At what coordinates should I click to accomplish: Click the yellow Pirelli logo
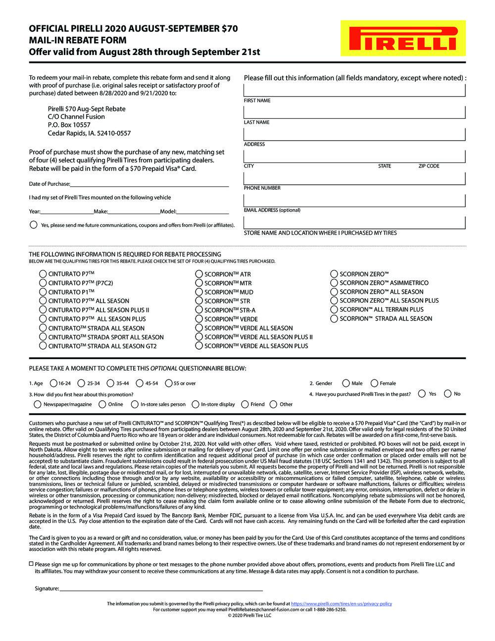coord(403,38)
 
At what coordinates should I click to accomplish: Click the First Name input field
coord(354,90)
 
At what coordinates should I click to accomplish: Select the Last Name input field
coord(354,112)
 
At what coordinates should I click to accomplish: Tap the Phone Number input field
coord(354,178)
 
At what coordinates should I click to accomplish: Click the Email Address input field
coord(354,200)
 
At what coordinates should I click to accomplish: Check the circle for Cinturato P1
coord(43,292)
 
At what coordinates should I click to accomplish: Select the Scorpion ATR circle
coord(199,274)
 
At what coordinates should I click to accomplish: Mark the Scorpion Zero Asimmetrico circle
coord(334,283)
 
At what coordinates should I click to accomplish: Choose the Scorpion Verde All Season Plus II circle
coord(199,337)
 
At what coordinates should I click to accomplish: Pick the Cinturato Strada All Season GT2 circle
coord(43,346)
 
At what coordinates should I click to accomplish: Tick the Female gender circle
coord(374,383)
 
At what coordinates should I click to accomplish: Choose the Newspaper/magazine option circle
coord(37,404)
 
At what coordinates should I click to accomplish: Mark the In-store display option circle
coord(196,404)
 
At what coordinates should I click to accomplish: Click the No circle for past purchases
coord(447,394)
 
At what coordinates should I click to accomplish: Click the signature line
coord(161,588)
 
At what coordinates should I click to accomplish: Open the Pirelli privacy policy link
coord(342,604)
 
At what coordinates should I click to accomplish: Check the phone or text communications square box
coord(31,564)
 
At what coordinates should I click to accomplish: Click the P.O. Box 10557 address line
coord(69,125)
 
